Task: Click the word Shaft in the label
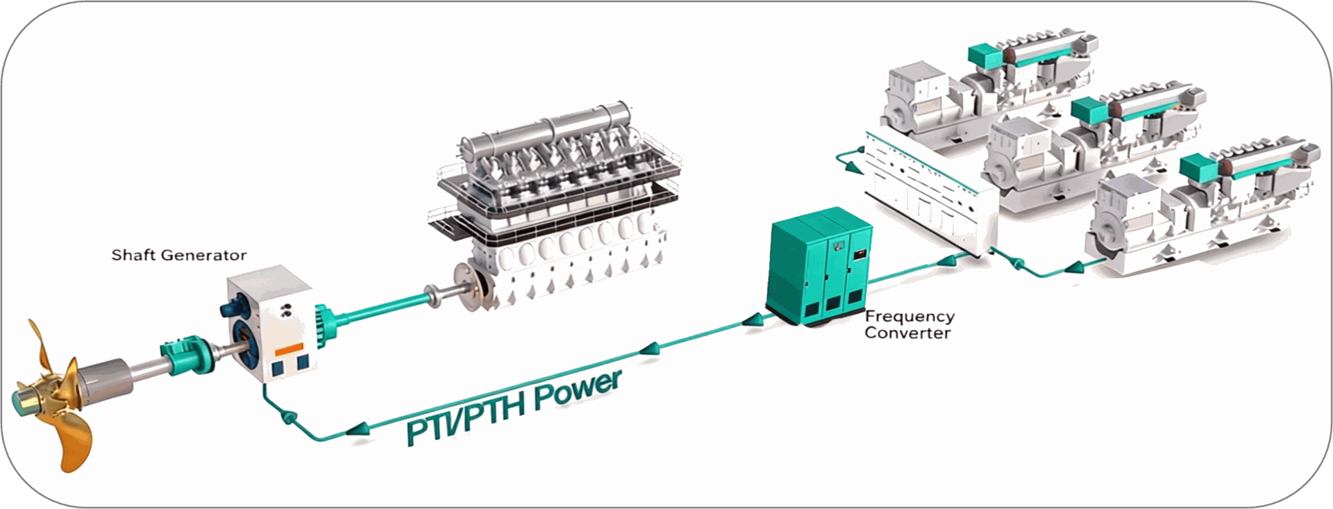point(131,255)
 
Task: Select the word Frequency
point(909,317)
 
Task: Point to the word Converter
point(907,333)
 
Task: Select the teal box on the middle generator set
point(1088,108)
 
